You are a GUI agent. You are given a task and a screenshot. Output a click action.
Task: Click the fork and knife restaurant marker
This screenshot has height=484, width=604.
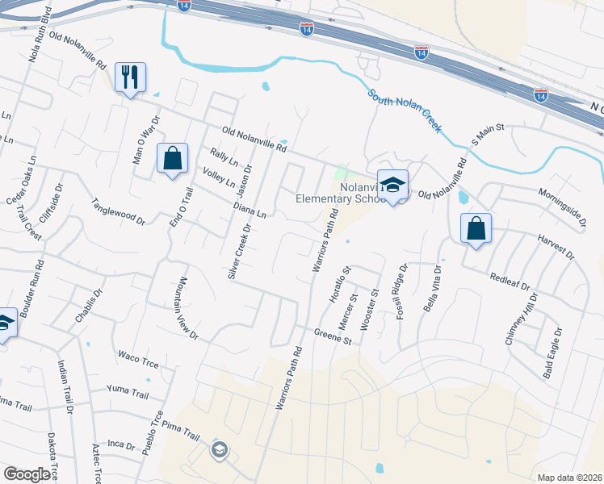pyautogui.click(x=130, y=78)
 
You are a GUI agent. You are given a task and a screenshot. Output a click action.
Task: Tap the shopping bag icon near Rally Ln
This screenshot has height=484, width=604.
pyautogui.click(x=173, y=159)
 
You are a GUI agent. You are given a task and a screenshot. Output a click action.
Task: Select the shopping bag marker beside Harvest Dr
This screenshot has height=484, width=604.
pyautogui.click(x=476, y=229)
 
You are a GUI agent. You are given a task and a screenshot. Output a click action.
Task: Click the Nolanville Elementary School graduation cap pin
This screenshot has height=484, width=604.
pyautogui.click(x=392, y=186)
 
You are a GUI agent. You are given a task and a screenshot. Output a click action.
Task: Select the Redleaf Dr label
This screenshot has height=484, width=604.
pyautogui.click(x=510, y=282)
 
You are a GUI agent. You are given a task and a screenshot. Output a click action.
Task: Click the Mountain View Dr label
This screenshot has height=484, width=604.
pyautogui.click(x=187, y=306)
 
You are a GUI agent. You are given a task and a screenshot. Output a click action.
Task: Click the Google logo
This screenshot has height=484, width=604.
pyautogui.click(x=27, y=474)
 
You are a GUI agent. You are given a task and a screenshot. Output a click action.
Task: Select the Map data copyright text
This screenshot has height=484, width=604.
pyautogui.click(x=568, y=478)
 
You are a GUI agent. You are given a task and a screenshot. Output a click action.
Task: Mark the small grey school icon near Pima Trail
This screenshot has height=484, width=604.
pyautogui.click(x=218, y=450)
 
